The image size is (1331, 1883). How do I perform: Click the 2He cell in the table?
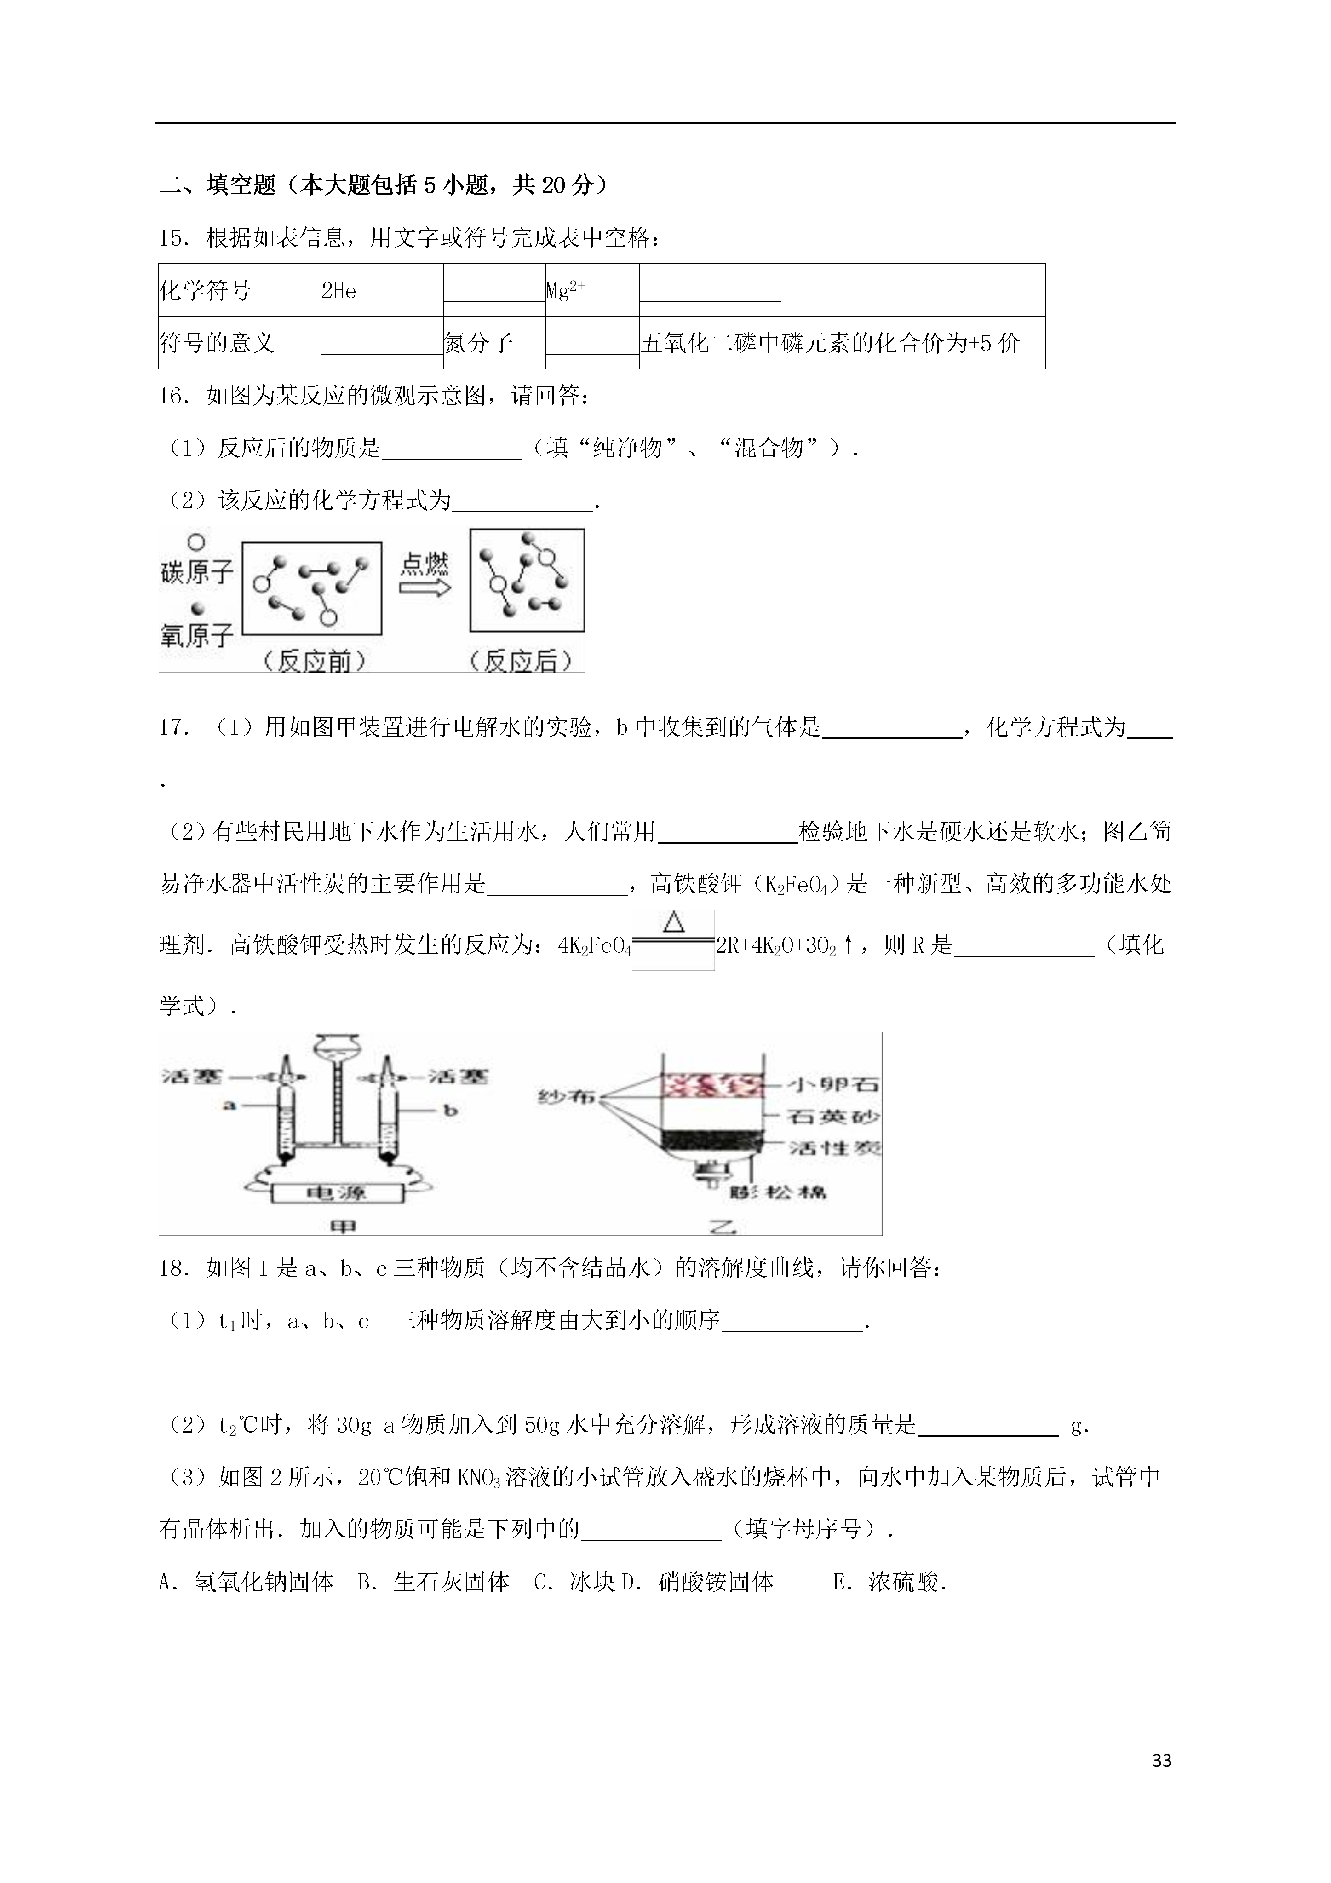pos(339,291)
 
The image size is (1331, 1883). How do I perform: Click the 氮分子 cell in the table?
pos(478,343)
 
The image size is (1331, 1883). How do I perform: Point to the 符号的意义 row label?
pos(217,343)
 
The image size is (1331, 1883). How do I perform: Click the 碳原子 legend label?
pos(197,572)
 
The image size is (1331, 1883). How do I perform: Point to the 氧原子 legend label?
pos(197,634)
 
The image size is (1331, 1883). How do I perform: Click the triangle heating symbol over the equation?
pos(673,922)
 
